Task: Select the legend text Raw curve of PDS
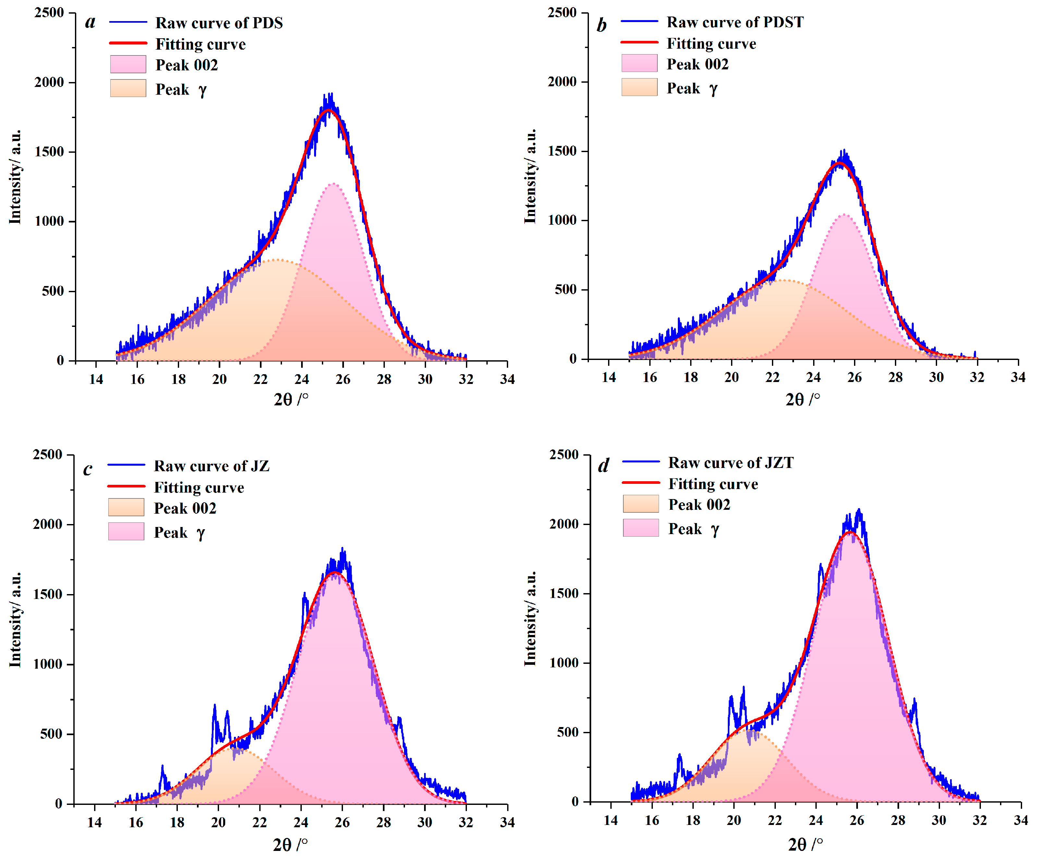pyautogui.click(x=219, y=23)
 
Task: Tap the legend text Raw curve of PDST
pyautogui.click(x=735, y=22)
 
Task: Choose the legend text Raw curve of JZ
pyautogui.click(x=212, y=466)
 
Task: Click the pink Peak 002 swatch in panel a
pyautogui.click(x=128, y=64)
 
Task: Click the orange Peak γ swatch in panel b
pyautogui.click(x=639, y=88)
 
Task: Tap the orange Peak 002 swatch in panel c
pyautogui.click(x=126, y=507)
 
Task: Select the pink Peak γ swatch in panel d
pyautogui.click(x=641, y=528)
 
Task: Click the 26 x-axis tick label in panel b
pyautogui.click(x=854, y=377)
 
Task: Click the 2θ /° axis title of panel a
pyautogui.click(x=291, y=399)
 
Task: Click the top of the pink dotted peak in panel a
pyautogui.click(x=334, y=183)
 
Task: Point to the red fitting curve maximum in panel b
pyautogui.click(x=840, y=162)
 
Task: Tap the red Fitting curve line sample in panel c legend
pyautogui.click(x=126, y=486)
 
